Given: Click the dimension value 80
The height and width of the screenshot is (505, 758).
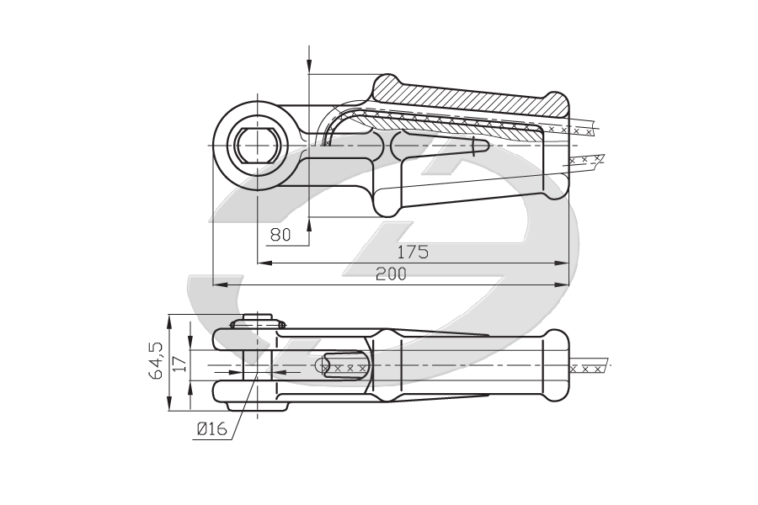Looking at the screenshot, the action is [280, 235].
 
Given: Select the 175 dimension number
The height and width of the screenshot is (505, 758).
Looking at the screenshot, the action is [413, 252].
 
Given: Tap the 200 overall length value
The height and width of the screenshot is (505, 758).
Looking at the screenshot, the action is [391, 274].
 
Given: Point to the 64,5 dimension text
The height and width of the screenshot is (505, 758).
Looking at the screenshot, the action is [157, 360].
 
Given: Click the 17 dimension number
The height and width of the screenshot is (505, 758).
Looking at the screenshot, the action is [179, 364].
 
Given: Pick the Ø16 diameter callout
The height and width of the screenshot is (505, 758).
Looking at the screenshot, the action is [211, 428].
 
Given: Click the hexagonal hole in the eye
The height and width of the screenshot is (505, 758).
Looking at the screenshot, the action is [259, 146].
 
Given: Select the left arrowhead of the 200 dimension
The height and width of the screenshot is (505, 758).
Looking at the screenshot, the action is [221, 284].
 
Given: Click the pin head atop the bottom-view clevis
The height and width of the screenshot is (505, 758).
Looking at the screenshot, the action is [258, 321].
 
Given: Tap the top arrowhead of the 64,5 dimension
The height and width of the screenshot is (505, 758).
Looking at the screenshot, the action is [169, 322].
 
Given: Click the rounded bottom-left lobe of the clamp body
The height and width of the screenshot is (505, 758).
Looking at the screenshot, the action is [387, 203].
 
